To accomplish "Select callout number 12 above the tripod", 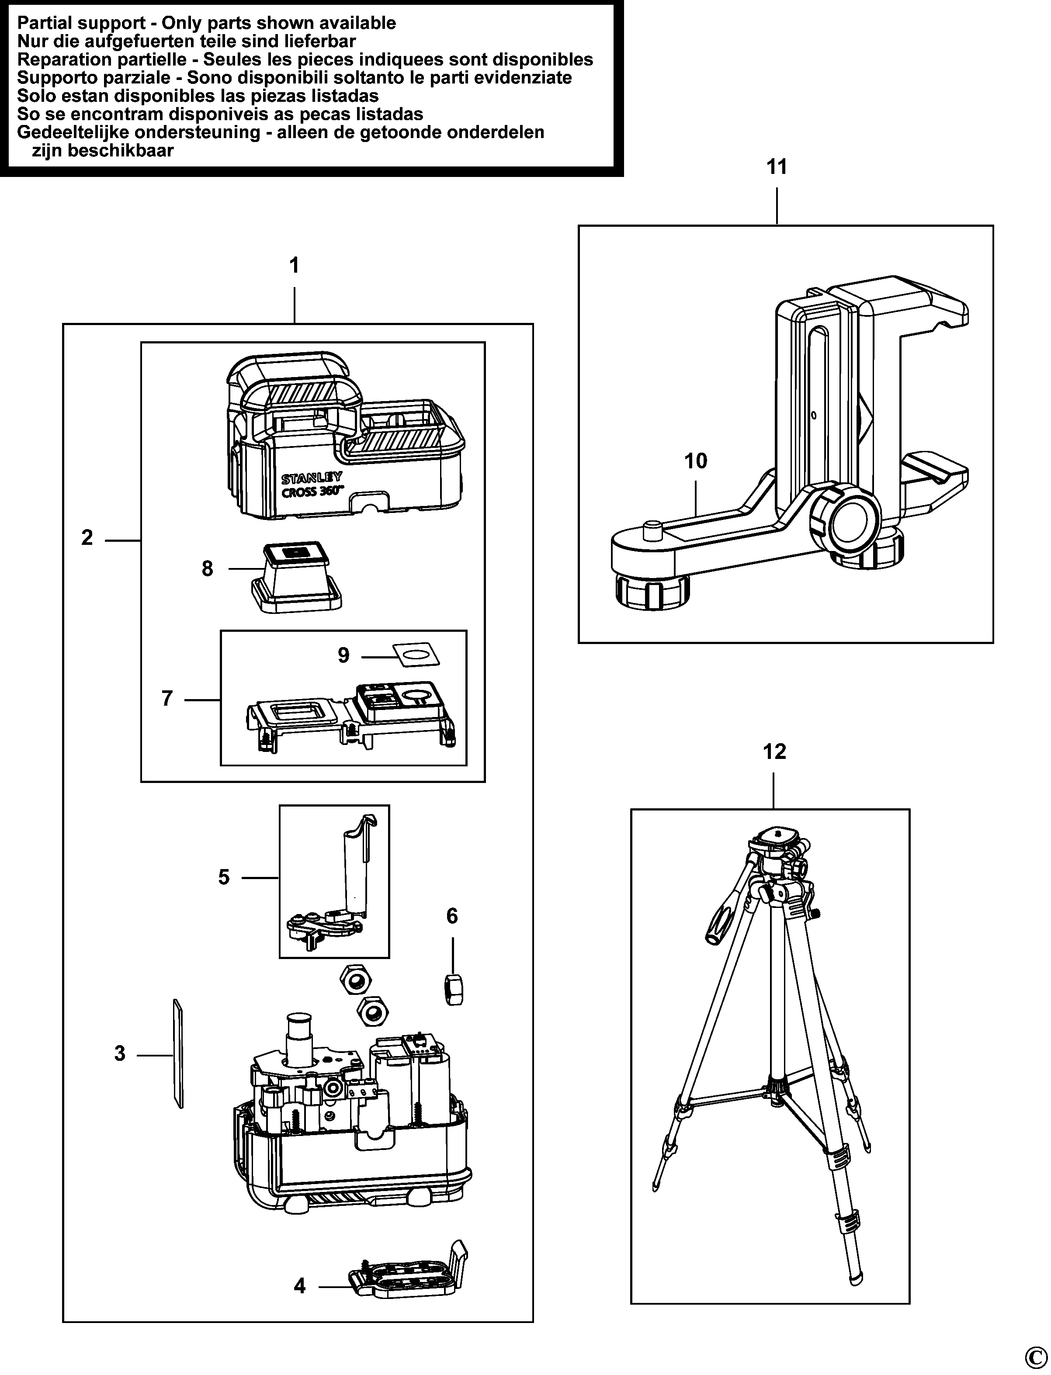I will tap(774, 752).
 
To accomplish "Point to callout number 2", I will tap(87, 537).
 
